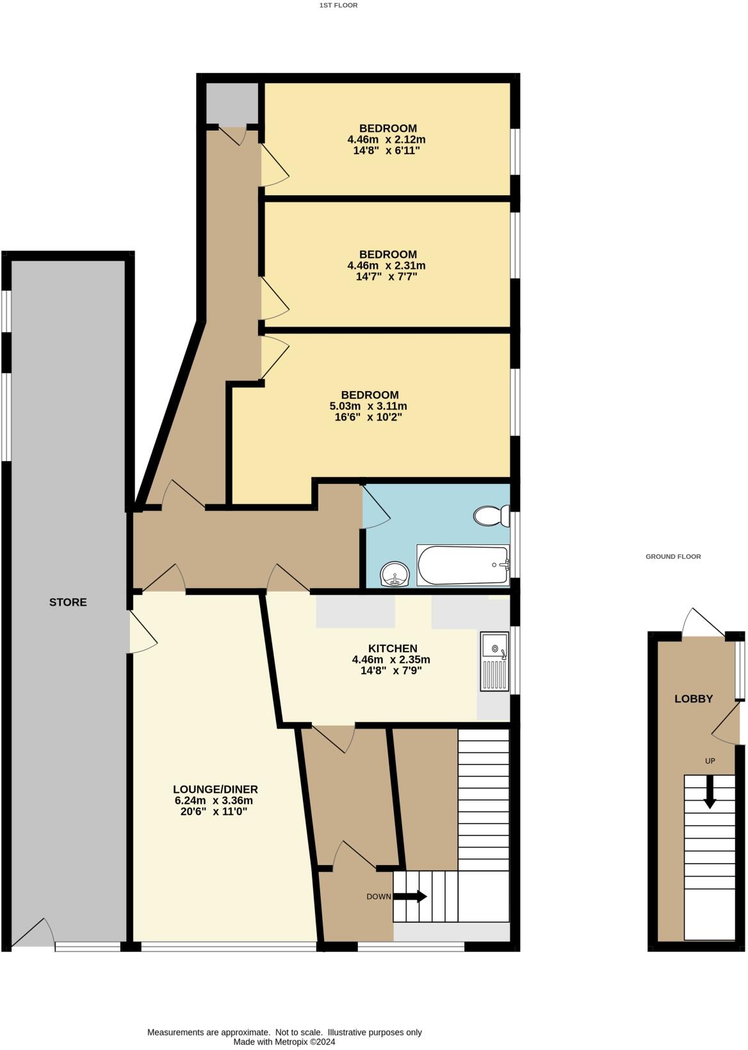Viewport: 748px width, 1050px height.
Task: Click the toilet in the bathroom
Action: point(492,515)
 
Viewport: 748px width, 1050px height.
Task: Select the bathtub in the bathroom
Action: point(462,565)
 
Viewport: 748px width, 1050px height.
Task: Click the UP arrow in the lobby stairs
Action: point(710,791)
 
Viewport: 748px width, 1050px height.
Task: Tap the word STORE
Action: point(68,602)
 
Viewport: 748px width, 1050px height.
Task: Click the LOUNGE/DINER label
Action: point(215,789)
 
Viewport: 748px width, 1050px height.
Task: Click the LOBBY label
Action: point(694,699)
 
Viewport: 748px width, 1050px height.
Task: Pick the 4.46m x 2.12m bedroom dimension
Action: point(386,139)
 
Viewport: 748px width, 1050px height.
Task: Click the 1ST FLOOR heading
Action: point(338,5)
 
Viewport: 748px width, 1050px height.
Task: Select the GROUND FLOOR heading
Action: point(673,556)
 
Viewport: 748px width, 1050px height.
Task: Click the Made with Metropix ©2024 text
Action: point(284,1042)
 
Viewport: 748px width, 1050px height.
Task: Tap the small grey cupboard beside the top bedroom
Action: point(232,102)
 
